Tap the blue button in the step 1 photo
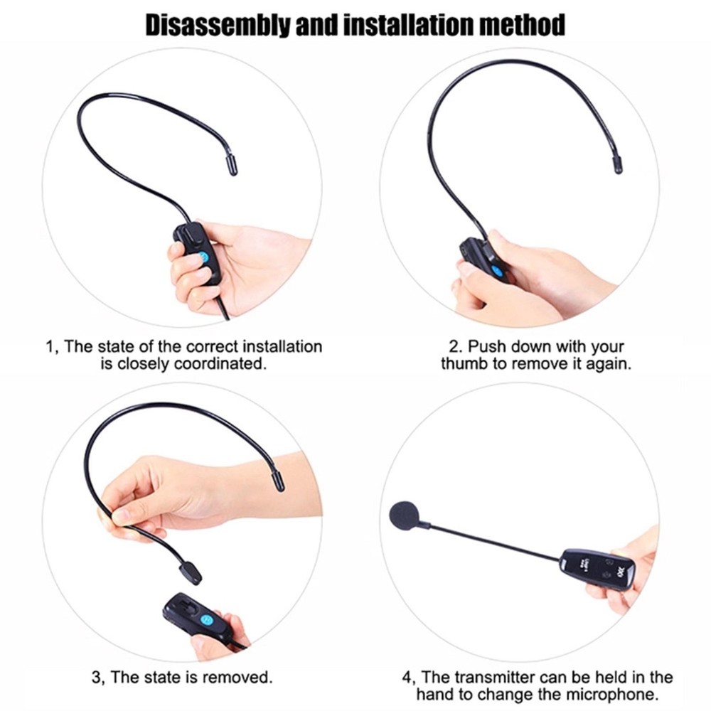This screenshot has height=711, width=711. pyautogui.click(x=203, y=257)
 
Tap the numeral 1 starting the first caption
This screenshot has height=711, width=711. pyautogui.click(x=49, y=348)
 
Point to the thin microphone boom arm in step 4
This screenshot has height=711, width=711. pyautogui.click(x=491, y=540)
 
